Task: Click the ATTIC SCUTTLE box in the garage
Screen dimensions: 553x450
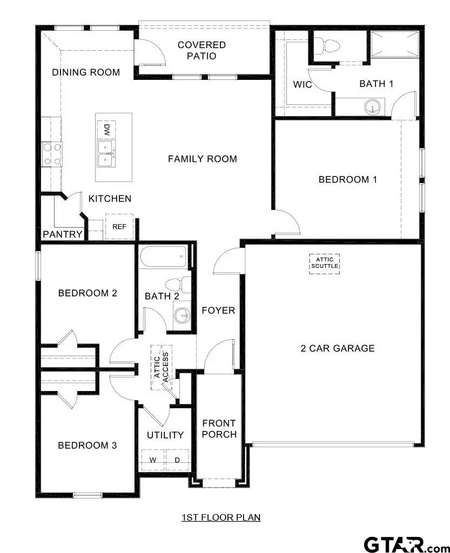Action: [x=324, y=263]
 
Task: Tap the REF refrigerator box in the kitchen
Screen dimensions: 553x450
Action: [x=119, y=227]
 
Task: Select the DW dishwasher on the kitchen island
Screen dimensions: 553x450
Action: [x=106, y=130]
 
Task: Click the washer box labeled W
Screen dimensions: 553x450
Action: [x=153, y=460]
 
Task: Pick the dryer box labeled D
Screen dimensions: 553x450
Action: [x=177, y=460]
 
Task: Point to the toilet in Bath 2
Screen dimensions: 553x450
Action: [x=178, y=285]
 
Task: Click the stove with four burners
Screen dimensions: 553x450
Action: [x=51, y=153]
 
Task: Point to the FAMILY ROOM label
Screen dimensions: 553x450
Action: [x=202, y=159]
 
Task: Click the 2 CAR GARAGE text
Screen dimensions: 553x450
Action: [x=337, y=348]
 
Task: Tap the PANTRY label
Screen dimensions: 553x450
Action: [x=63, y=234]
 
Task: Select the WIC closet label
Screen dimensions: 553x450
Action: [x=303, y=85]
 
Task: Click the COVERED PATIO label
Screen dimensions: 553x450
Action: [x=202, y=50]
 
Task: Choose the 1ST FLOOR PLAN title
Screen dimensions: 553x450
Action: [x=221, y=517]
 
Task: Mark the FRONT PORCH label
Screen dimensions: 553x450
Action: [x=219, y=429]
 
